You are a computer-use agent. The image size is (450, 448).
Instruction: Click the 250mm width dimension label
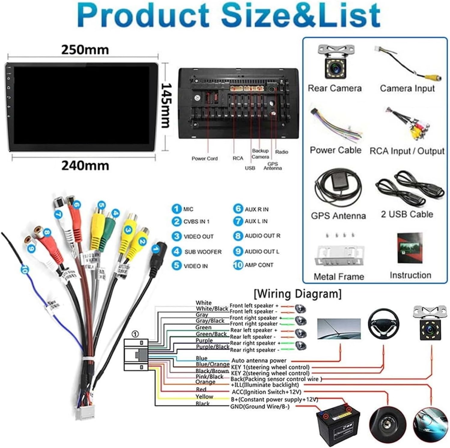(x=85, y=50)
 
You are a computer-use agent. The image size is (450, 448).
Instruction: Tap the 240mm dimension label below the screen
(x=85, y=165)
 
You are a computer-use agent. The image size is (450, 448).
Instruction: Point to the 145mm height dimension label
(x=166, y=105)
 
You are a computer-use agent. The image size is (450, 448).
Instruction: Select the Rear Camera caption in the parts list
(x=335, y=88)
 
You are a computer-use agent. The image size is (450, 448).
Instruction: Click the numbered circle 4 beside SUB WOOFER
(x=176, y=251)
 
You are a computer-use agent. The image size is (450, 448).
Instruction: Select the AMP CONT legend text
(x=259, y=265)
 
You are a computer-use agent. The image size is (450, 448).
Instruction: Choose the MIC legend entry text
(x=188, y=209)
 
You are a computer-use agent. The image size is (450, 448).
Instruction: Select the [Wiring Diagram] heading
(x=298, y=294)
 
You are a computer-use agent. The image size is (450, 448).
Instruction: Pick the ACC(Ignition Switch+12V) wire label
(x=266, y=392)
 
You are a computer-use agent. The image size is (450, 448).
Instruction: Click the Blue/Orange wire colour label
(x=212, y=364)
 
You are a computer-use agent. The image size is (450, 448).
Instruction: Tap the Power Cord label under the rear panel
(x=205, y=159)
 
